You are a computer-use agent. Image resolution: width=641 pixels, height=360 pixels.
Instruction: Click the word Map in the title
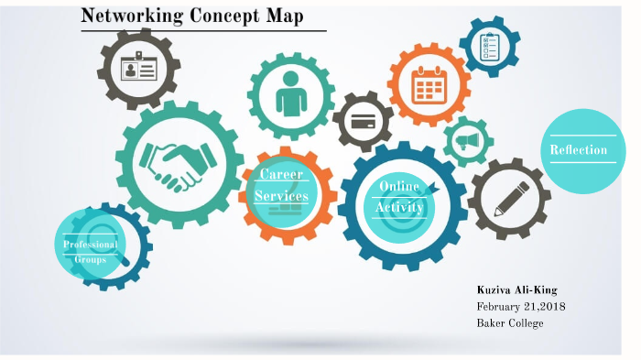280,16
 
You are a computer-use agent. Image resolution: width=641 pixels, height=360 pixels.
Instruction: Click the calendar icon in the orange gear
428,85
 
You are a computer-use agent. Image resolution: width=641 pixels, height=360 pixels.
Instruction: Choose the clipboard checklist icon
489,45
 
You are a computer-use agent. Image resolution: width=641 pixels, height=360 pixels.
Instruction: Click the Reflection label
578,149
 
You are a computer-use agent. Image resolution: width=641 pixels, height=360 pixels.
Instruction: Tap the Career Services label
281,185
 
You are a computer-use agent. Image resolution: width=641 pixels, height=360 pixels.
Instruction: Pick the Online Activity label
400,197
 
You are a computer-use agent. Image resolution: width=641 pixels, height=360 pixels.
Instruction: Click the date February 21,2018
520,306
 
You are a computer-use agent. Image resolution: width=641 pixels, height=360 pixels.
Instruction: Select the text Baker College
510,322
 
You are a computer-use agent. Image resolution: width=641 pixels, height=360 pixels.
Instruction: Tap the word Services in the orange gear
281,196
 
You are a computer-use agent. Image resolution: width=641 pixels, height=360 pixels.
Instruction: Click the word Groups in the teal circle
90,259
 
